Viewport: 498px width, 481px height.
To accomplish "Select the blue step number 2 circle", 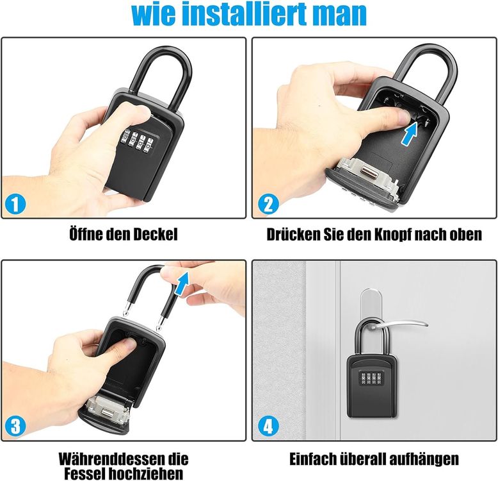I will point(268,205).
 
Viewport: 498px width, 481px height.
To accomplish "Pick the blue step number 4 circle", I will point(268,426).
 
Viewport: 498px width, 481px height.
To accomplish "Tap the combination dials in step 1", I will point(136,140).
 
